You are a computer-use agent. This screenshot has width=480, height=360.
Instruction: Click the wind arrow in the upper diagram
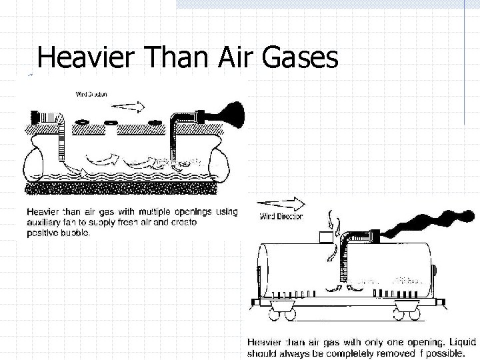[x=127, y=105]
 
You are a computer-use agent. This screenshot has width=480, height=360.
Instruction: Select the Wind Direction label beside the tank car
[x=281, y=216]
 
